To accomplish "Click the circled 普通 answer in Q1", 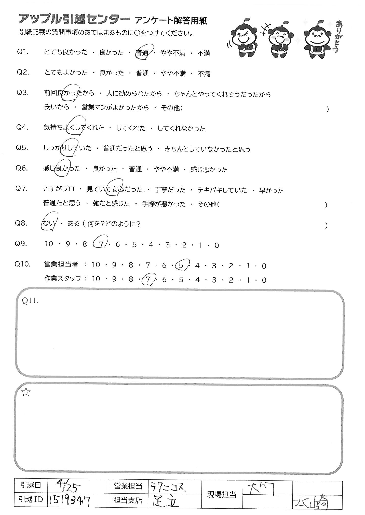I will point(143,53).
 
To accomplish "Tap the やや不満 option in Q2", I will point(173,74).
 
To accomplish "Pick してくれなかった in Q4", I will point(181,128).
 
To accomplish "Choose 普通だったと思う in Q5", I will point(128,149).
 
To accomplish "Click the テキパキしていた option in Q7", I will point(222,190).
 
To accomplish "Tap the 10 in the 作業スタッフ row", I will point(96,280).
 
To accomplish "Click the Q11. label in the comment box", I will point(30,301).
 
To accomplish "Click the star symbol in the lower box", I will point(26,393).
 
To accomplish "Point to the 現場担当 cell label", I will point(222,494).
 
